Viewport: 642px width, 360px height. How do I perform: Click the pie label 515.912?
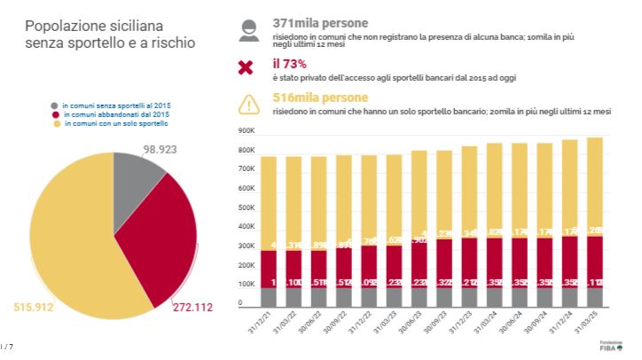pyautogui.click(x=34, y=308)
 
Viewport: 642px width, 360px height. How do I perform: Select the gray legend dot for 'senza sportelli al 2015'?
pyautogui.click(x=55, y=106)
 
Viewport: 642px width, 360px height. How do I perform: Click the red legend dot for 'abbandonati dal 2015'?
pyautogui.click(x=55, y=114)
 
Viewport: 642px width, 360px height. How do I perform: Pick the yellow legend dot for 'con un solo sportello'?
pyautogui.click(x=55, y=123)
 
